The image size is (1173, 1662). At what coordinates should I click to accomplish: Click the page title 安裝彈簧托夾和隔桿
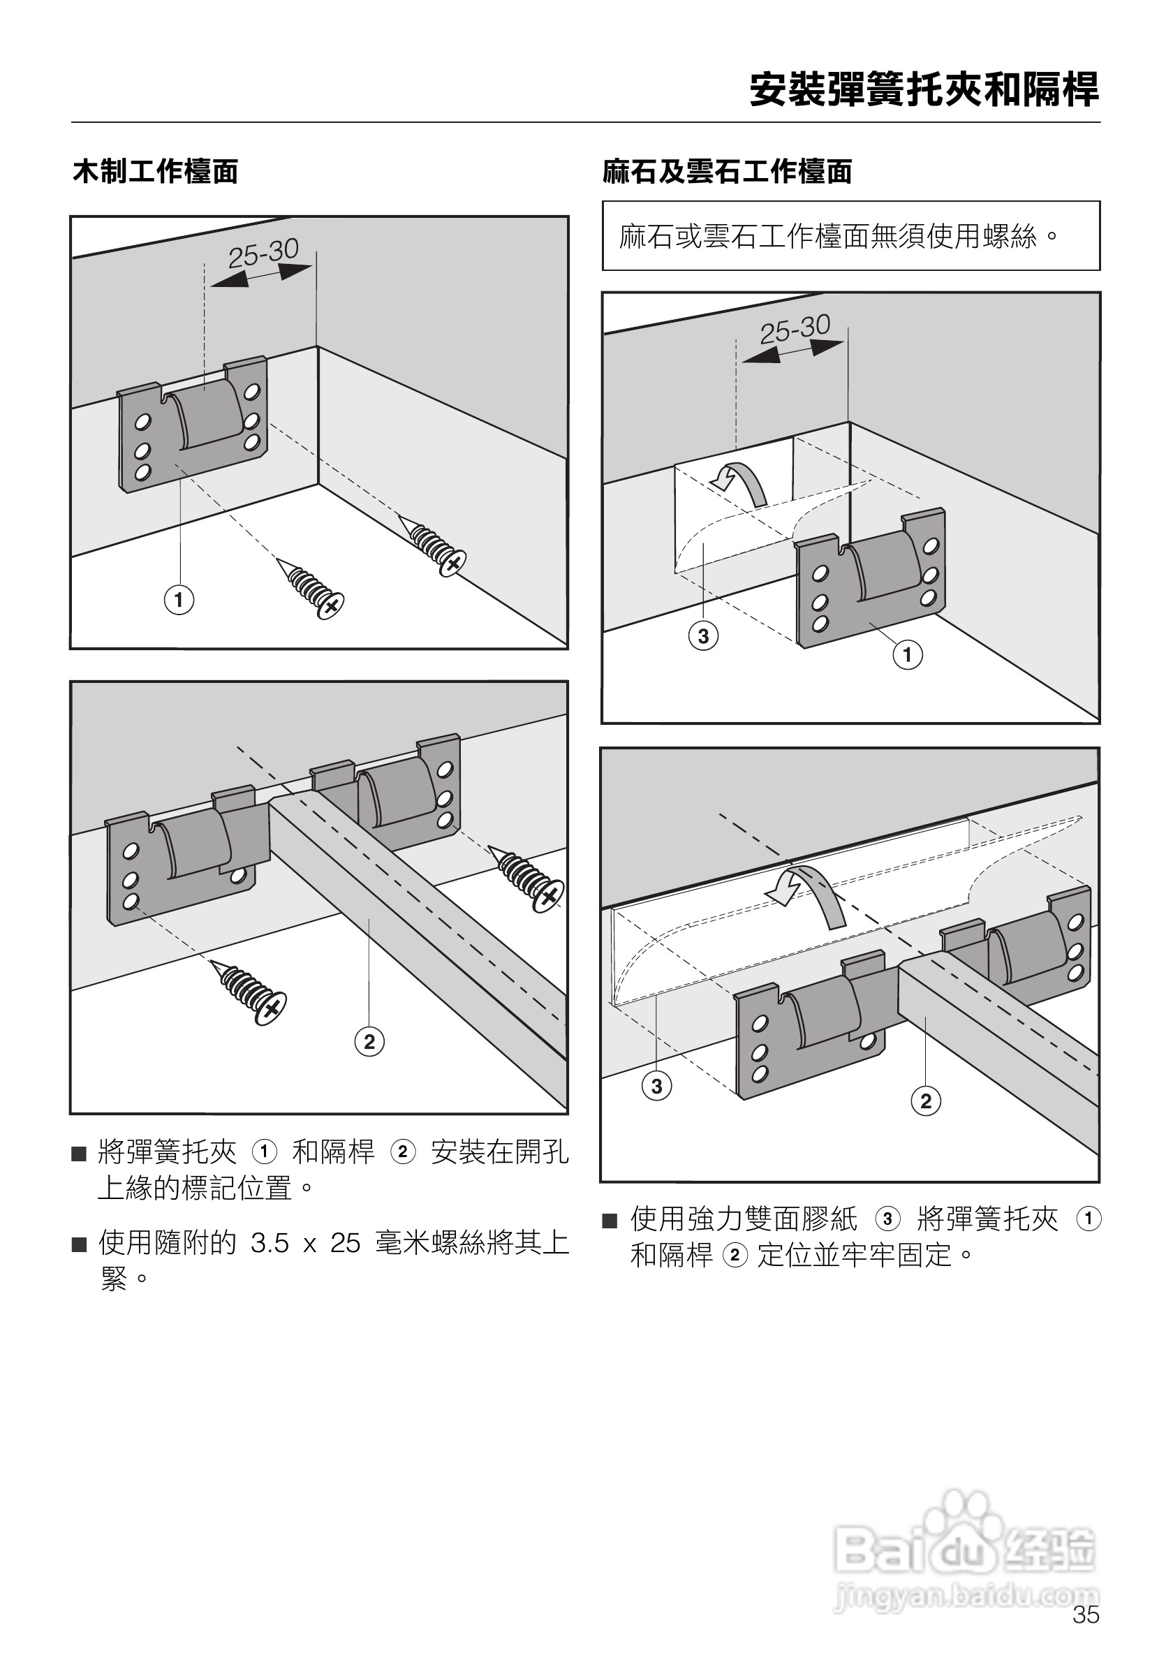tap(924, 90)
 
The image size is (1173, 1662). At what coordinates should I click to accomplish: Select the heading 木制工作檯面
tap(155, 172)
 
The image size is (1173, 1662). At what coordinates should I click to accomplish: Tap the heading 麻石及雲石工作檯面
tap(728, 172)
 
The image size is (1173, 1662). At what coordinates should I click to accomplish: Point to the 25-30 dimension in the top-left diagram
tap(263, 253)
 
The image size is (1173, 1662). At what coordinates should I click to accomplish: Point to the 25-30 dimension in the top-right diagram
tap(795, 330)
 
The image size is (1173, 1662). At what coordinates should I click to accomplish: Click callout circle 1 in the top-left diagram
tap(179, 600)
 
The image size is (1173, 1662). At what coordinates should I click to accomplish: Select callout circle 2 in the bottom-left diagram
tap(369, 1042)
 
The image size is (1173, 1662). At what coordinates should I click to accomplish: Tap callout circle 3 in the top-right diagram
tap(703, 636)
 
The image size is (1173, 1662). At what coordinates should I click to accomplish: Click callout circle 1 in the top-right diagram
tap(908, 655)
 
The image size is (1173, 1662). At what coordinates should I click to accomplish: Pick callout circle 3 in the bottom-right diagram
tap(656, 1086)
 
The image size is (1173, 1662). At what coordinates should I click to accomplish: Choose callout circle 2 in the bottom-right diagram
tap(926, 1102)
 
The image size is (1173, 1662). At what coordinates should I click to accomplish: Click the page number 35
tap(1086, 1635)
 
